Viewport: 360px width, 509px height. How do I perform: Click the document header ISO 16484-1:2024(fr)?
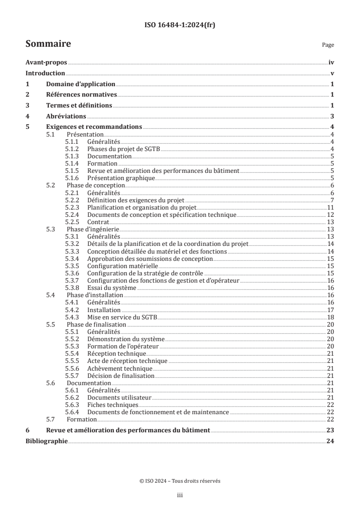180,25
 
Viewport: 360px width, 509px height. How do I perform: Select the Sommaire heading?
48,44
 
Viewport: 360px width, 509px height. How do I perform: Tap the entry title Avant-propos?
46,64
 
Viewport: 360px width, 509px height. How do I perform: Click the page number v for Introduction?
332,73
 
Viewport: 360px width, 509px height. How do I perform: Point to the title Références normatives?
81,95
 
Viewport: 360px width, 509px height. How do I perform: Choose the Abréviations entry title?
66,116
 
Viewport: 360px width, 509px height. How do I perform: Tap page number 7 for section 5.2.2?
332,200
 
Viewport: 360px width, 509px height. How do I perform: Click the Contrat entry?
98,222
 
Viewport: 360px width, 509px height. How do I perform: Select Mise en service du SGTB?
122,317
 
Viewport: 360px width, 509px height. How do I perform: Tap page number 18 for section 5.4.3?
331,317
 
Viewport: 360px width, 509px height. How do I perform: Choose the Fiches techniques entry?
113,405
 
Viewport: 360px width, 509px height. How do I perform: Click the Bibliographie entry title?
47,441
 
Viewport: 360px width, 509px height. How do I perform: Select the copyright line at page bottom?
180,481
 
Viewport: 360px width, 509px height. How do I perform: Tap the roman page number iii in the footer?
180,496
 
